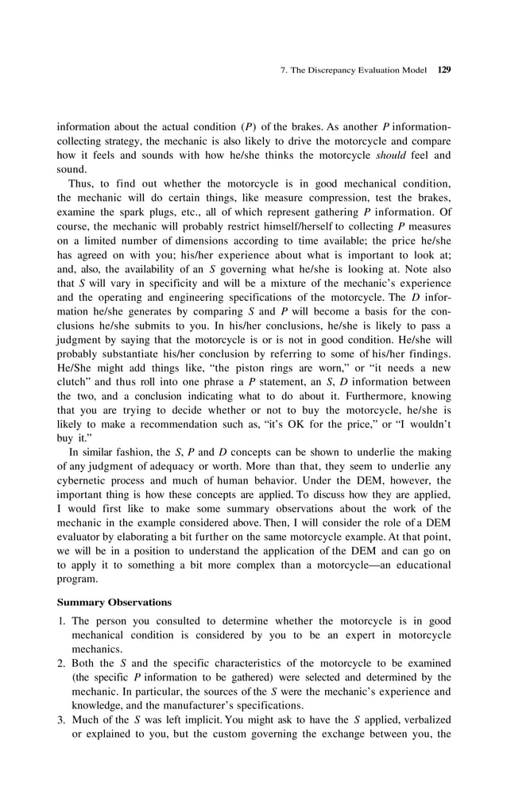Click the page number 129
[x=444, y=70]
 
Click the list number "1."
[x=61, y=621]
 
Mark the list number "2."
[x=61, y=663]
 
